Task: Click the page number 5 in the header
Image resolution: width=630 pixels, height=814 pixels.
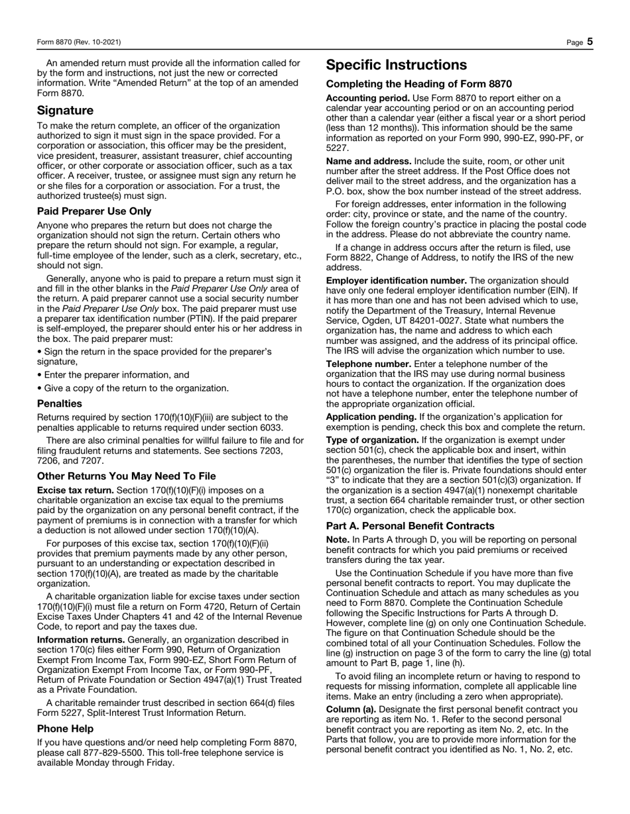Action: coord(590,42)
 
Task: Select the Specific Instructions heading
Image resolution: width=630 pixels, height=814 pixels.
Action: coord(396,65)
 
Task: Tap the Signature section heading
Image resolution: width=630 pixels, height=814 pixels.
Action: coord(65,110)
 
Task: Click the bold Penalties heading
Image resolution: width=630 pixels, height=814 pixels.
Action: coord(60,403)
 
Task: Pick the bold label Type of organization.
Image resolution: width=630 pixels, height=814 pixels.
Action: coord(372,440)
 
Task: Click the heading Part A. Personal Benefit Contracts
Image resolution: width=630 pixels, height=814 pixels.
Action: coord(410,526)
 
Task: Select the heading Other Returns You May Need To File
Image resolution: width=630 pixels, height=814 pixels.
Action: coord(126,476)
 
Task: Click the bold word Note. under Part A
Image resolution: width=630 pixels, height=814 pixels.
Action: coord(338,540)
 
